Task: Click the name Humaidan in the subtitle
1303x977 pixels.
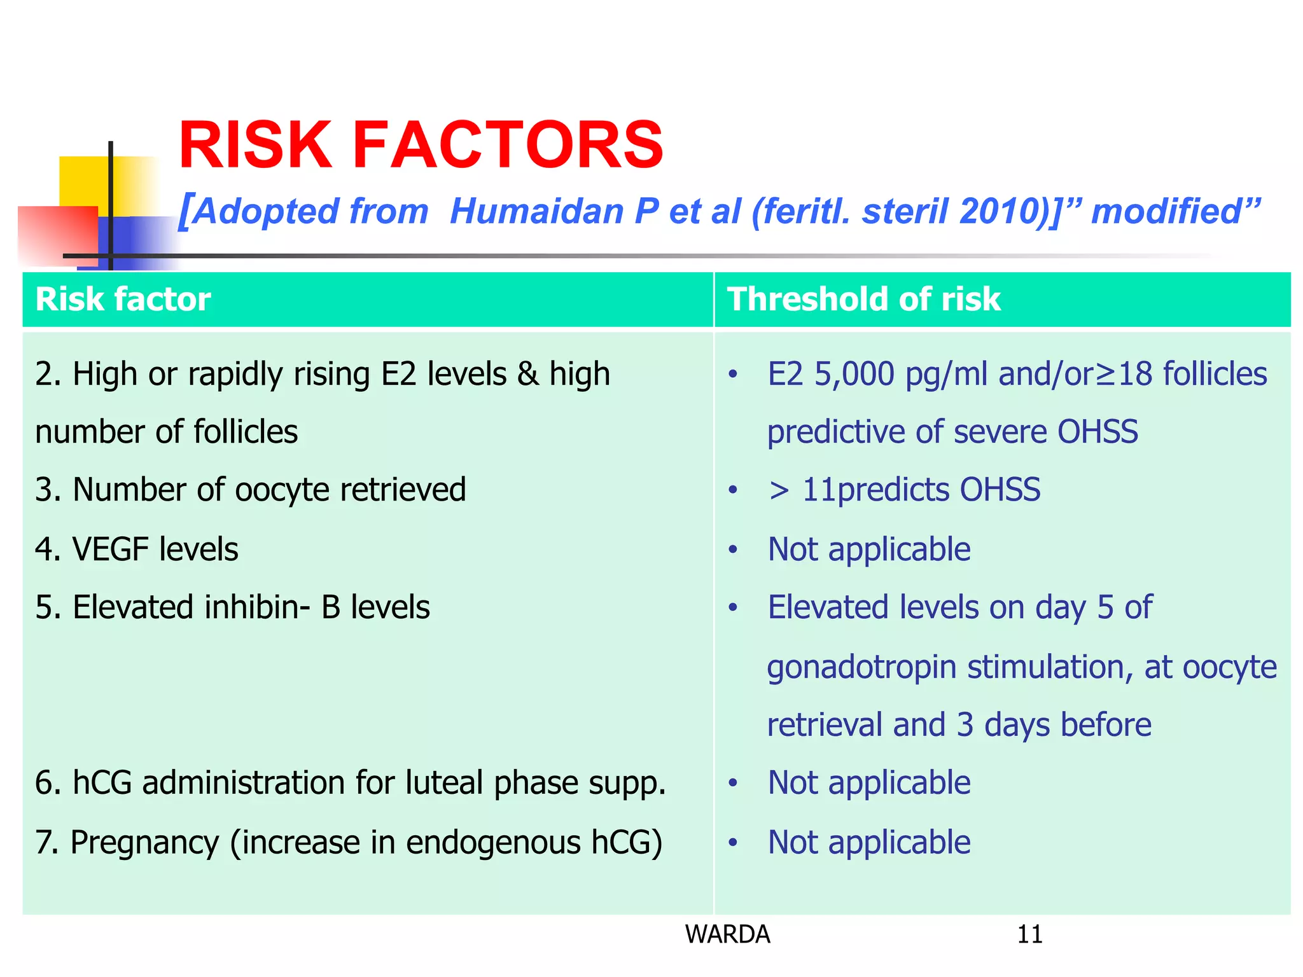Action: pos(536,211)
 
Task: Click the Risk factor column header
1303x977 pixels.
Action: pos(123,299)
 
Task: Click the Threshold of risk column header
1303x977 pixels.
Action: pos(863,299)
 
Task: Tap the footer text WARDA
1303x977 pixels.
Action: pos(727,934)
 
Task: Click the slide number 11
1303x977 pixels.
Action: pos(1029,934)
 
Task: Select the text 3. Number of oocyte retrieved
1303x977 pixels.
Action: pos(251,490)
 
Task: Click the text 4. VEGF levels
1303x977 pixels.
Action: pos(137,549)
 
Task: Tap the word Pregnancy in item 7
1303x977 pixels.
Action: pos(144,842)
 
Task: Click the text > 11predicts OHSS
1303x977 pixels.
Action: pos(904,490)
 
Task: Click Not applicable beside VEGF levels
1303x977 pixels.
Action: pos(868,549)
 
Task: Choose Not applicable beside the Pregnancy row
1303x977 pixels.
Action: pos(868,842)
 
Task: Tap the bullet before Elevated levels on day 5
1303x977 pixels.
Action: pos(733,607)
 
